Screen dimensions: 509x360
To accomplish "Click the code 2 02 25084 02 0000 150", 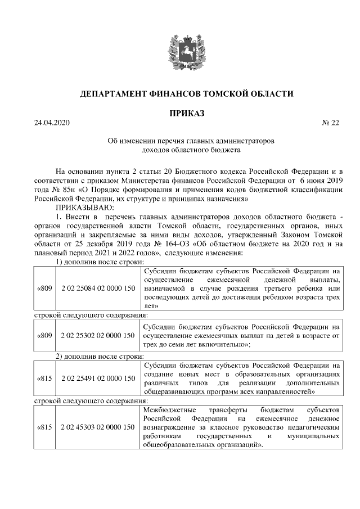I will click(98, 289).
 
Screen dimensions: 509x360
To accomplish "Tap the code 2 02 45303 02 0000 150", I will click(98, 427).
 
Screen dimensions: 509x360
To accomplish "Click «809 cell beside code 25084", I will click(44, 289).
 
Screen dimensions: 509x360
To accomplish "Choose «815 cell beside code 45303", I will click(44, 427).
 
